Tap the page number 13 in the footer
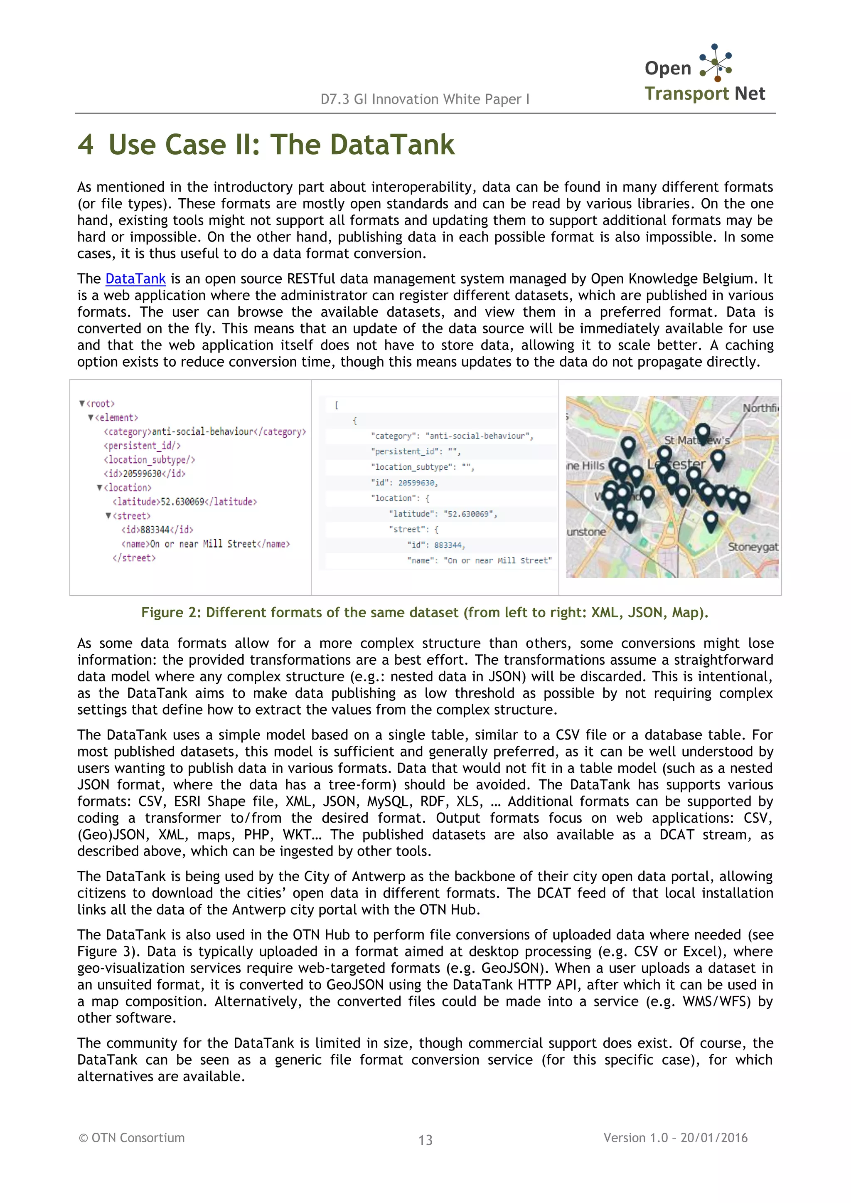425,1139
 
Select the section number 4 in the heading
86,145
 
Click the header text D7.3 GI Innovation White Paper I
425,99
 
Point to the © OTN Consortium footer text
132,1137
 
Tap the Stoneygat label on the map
753,547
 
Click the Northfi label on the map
760,408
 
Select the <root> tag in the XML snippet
100,404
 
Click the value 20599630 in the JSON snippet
417,483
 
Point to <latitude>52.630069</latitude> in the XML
184,502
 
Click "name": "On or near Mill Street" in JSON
479,560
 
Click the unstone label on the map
586,532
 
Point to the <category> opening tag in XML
127,432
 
